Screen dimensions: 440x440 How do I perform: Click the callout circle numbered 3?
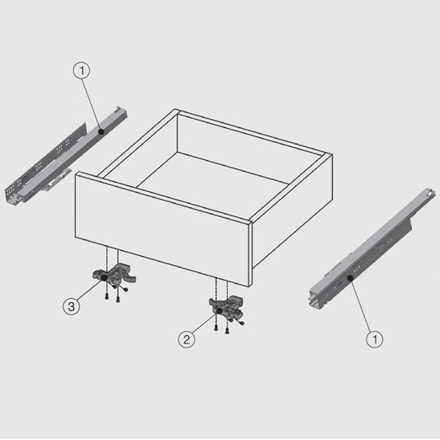click(73, 307)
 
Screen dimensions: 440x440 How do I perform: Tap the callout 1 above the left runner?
click(81, 72)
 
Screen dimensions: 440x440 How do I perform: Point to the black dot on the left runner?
click(99, 131)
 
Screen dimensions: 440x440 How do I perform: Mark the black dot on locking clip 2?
click(218, 310)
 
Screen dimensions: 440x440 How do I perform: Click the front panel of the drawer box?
click(161, 223)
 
